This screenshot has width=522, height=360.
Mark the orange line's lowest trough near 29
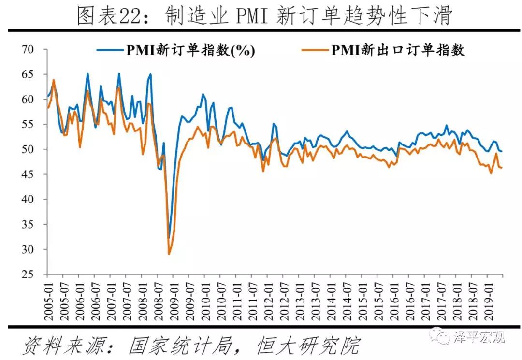(x=169, y=254)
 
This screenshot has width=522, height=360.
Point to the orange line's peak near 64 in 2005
(x=53, y=80)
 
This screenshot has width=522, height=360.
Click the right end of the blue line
(x=502, y=151)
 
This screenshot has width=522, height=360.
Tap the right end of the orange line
(x=502, y=168)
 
